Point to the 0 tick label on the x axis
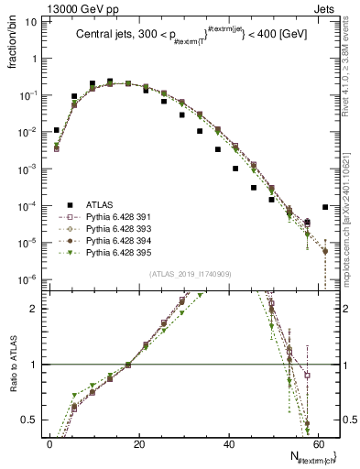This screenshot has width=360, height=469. [49, 442]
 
